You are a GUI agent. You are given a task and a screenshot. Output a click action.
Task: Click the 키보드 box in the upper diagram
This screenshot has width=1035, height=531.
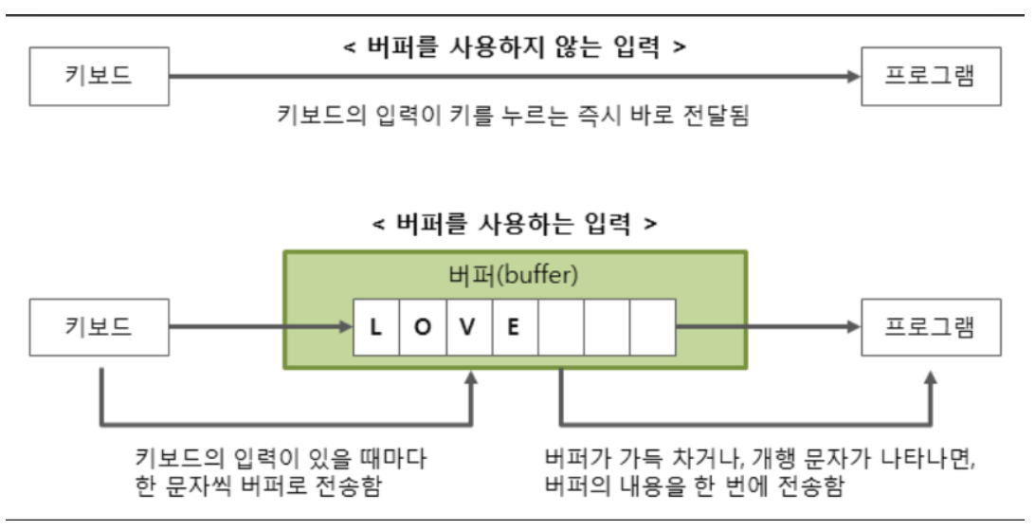tap(99, 75)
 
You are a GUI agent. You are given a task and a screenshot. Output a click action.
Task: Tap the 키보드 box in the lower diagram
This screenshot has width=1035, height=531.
tap(99, 328)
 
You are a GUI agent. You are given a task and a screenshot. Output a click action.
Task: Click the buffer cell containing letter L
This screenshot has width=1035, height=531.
tap(376, 328)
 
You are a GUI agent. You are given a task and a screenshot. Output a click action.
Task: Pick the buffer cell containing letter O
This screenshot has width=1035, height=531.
tap(423, 328)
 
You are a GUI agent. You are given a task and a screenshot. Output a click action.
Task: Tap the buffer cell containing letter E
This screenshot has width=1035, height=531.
tap(515, 328)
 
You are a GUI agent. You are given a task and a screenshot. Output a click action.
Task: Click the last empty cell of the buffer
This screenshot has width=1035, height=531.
tap(653, 328)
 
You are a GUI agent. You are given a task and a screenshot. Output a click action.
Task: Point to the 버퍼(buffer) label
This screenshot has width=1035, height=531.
tap(515, 278)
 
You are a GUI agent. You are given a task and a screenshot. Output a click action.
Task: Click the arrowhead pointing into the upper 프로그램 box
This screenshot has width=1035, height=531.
tap(854, 75)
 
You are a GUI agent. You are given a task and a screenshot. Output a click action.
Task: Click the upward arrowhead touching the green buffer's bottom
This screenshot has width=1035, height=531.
tap(471, 377)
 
